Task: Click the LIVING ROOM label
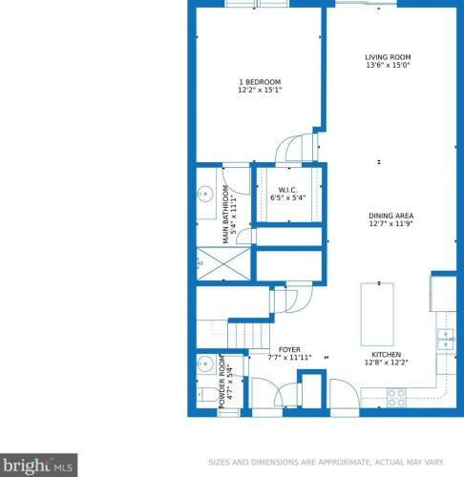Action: coord(388,57)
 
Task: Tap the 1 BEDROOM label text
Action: coord(260,82)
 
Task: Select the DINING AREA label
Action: coord(390,216)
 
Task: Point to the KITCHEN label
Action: coord(386,355)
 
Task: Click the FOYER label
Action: coord(289,350)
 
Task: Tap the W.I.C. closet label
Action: coord(287,190)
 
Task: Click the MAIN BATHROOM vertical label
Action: coord(225,215)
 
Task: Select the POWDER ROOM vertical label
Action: coord(221,382)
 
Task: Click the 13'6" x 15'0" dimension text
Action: coord(388,65)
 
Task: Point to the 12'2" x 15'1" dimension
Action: coord(260,90)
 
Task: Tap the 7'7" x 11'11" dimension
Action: coord(289,358)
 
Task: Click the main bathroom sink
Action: coord(205,193)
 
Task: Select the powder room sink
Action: coord(205,363)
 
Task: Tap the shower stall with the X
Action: coord(223,263)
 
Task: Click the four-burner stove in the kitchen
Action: coord(396,398)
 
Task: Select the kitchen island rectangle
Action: coord(377,314)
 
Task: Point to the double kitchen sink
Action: coord(446,340)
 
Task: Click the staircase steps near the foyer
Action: coord(249,336)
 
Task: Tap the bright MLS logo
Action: coord(38,466)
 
